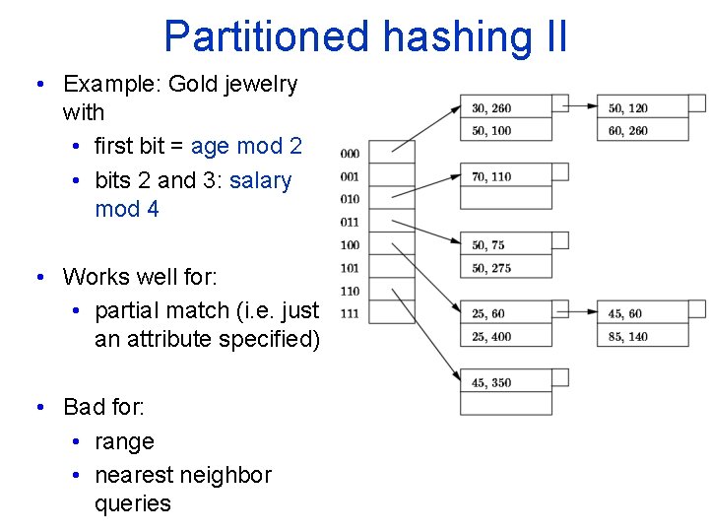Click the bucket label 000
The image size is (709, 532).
pyautogui.click(x=350, y=154)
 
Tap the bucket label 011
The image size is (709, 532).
pyautogui.click(x=350, y=223)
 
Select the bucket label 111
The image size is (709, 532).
pyautogui.click(x=350, y=314)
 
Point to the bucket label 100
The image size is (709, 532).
pyautogui.click(x=350, y=245)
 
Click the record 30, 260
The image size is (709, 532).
pyautogui.click(x=491, y=108)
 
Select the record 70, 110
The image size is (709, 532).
pyautogui.click(x=491, y=177)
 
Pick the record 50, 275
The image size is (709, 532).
pyautogui.click(x=491, y=268)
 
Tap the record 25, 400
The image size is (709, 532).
pyautogui.click(x=491, y=337)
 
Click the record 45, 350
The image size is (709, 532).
pyautogui.click(x=491, y=383)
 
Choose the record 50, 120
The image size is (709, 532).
pyautogui.click(x=628, y=108)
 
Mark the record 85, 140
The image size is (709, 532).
pyautogui.click(x=628, y=337)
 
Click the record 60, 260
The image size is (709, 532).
pyautogui.click(x=628, y=131)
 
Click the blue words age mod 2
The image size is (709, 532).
pyautogui.click(x=246, y=147)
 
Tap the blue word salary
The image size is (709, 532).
pyautogui.click(x=260, y=181)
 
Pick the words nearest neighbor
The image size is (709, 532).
pyautogui.click(x=183, y=475)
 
